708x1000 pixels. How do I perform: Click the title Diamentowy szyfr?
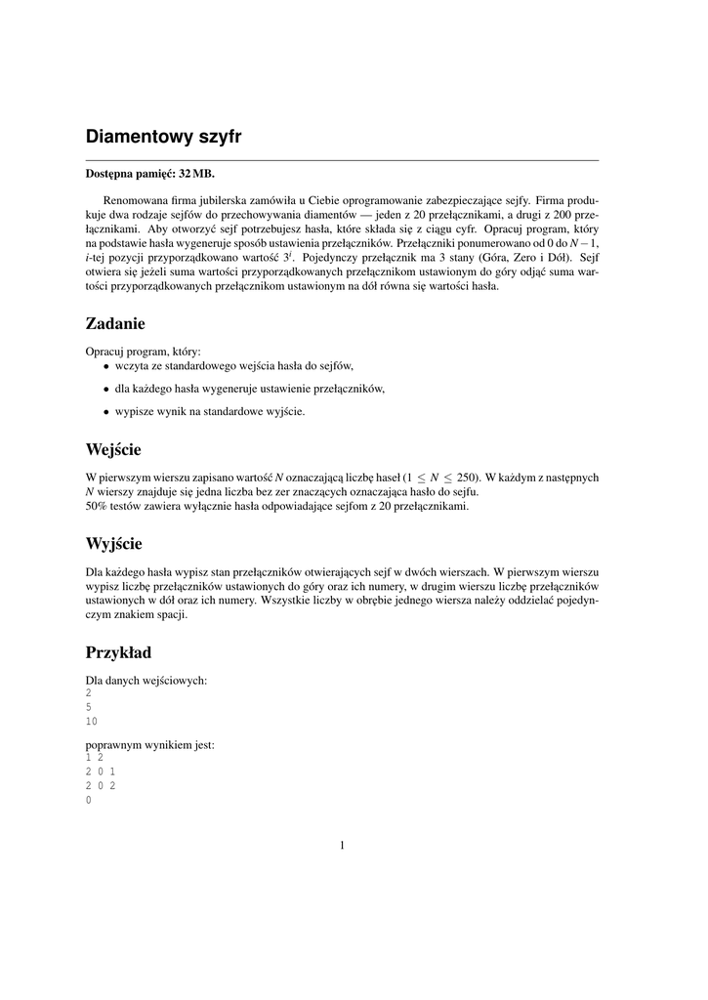click(163, 137)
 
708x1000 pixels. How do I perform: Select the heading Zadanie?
click(115, 322)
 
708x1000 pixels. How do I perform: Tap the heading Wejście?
click(113, 449)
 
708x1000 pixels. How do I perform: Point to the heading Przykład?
click(118, 651)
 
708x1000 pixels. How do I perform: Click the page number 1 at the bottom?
click(342, 846)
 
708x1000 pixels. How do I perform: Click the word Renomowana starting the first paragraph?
click(135, 198)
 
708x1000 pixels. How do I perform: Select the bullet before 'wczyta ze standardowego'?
click(106, 366)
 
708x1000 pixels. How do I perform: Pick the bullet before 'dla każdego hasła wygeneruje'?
click(106, 389)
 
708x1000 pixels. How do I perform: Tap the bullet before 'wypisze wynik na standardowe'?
click(106, 412)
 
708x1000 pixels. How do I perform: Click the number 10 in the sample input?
click(92, 722)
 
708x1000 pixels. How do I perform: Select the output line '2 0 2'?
click(101, 785)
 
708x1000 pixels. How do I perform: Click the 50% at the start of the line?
click(98, 506)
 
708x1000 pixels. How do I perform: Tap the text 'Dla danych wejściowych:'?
click(146, 680)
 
